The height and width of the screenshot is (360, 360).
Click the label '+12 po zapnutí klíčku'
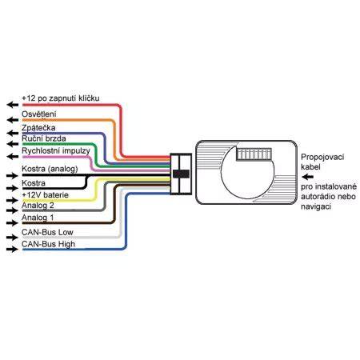tap(61, 98)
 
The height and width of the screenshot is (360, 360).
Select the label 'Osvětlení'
tap(39, 114)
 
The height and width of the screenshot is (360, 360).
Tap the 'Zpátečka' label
tap(38, 128)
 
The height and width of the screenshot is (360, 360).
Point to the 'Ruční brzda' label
tap(44, 138)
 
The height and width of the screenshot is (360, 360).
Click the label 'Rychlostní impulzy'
tap(56, 151)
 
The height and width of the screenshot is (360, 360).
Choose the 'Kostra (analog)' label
tap(50, 169)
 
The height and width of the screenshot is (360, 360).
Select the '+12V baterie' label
tap(46, 195)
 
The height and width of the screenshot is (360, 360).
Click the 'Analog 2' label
tap(38, 206)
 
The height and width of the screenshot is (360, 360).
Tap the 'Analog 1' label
tap(38, 218)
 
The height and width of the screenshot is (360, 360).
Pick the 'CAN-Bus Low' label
tap(47, 232)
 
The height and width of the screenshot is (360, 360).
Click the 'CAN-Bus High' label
tap(49, 244)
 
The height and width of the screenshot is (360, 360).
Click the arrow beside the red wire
tap(13, 105)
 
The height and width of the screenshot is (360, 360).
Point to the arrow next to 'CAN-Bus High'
tap(13, 250)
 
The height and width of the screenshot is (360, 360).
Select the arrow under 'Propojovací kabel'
tap(307, 177)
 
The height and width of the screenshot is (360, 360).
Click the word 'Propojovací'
tap(322, 158)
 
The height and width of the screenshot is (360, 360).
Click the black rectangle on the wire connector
tap(182, 174)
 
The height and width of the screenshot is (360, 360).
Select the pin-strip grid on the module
tap(254, 154)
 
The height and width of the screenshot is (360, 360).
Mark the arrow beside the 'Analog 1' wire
tap(13, 222)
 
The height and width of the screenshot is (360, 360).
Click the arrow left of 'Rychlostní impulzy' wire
tap(13, 156)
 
